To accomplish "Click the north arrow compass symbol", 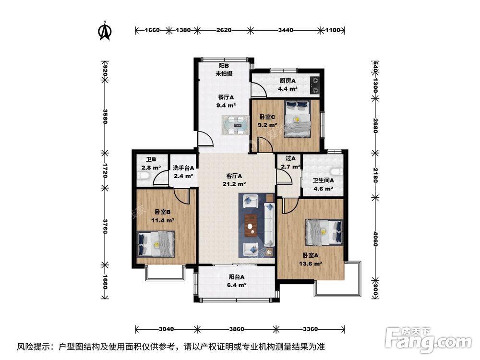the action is click(x=105, y=31).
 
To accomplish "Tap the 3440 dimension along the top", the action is click(x=285, y=30).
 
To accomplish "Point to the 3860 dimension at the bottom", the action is click(x=236, y=329).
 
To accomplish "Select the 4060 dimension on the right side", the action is click(x=376, y=239).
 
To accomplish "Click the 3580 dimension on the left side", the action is click(x=105, y=116).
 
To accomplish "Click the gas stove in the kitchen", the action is click(x=315, y=85).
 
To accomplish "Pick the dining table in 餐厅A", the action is click(x=235, y=125).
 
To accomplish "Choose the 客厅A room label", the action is click(x=234, y=176).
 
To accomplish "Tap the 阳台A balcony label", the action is click(x=237, y=277).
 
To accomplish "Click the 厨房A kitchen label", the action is click(x=288, y=81).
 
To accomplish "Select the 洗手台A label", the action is click(x=183, y=168).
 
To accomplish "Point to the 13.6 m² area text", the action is click(x=311, y=264).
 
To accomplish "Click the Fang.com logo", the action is click(x=428, y=340).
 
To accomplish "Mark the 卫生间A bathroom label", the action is click(x=323, y=180).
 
